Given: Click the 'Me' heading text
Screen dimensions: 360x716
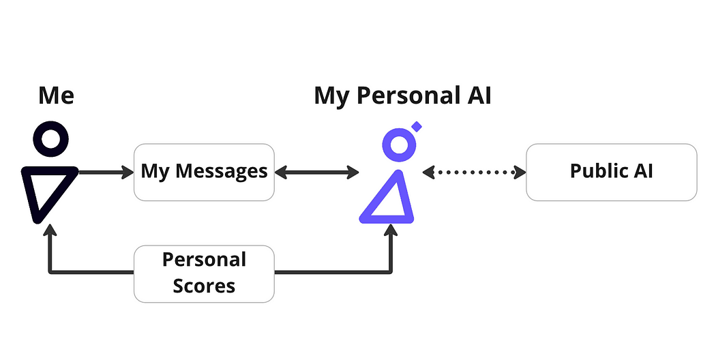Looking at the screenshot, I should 56,96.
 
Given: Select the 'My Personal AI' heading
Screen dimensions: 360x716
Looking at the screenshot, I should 402,96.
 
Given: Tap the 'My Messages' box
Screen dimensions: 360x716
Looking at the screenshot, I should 204,172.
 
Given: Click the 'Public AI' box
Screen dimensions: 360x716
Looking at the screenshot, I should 611,172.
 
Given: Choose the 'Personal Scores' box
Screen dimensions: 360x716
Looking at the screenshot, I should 204,273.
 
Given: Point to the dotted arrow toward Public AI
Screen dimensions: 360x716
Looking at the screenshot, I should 475,172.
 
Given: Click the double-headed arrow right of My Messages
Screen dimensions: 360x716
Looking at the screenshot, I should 317,172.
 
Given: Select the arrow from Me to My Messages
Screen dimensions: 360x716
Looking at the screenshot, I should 106,172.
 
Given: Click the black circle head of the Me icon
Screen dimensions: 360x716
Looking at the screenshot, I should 51,140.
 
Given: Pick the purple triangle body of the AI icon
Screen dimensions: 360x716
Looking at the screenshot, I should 387,201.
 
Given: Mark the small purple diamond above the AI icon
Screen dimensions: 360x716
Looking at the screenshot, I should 417,126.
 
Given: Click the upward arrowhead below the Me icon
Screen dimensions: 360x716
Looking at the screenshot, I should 50,233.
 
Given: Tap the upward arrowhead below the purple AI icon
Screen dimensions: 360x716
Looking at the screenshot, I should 391,233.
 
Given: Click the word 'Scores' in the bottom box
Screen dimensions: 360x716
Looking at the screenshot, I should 204,285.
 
